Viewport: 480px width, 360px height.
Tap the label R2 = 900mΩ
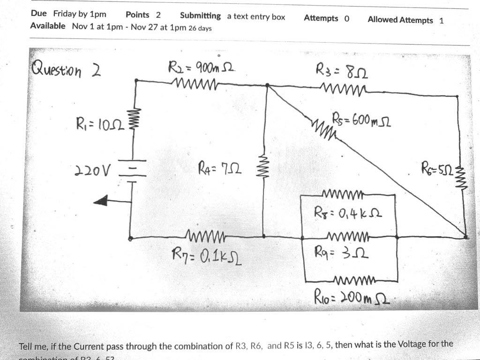pos(201,68)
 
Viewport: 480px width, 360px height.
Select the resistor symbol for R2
pos(195,83)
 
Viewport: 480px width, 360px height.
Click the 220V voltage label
pos(91,171)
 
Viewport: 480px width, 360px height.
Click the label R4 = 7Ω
pos(220,167)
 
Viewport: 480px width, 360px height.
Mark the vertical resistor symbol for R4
pos(263,165)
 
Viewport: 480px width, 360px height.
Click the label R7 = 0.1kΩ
pos(206,256)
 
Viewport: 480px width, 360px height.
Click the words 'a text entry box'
pos(256,17)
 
